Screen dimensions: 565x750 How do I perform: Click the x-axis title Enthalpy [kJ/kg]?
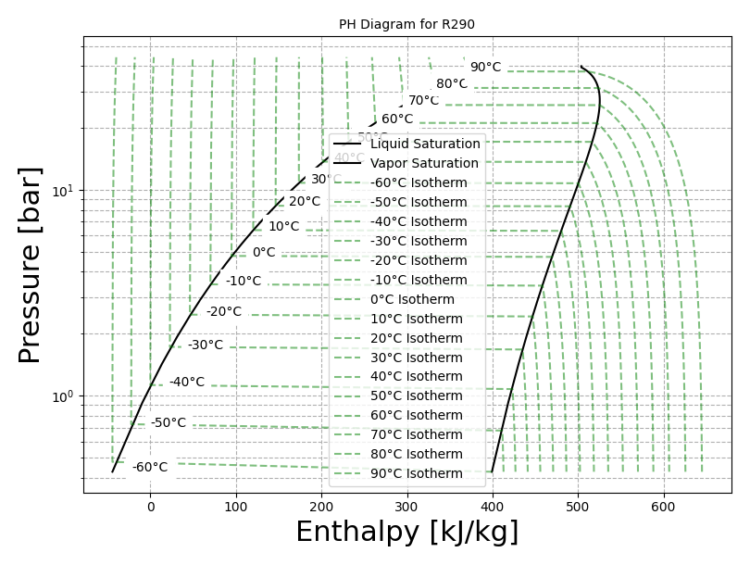(x=406, y=533)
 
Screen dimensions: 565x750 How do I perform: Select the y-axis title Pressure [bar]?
(x=31, y=265)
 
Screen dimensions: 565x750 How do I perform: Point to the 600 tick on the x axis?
(x=664, y=508)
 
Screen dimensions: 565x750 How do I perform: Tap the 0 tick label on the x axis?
(x=150, y=508)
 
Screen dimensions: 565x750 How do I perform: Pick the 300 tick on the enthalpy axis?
(x=407, y=508)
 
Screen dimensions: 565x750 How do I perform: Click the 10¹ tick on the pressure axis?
(x=62, y=191)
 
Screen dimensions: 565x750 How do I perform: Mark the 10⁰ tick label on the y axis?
(x=62, y=396)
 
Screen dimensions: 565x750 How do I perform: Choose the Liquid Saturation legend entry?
(x=425, y=144)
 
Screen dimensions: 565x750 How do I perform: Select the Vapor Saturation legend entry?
(x=424, y=163)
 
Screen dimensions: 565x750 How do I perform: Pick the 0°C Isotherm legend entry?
(x=412, y=299)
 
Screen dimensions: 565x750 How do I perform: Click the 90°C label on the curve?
(x=485, y=67)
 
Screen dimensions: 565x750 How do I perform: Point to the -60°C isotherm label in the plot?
(x=150, y=467)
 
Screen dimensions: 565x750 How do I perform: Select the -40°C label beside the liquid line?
(x=187, y=382)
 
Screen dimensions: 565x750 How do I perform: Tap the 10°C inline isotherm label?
(x=284, y=226)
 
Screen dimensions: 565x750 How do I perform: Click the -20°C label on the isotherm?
(x=223, y=311)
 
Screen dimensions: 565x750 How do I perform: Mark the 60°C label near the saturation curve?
(x=397, y=119)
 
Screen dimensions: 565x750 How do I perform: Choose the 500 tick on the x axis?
(x=579, y=508)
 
